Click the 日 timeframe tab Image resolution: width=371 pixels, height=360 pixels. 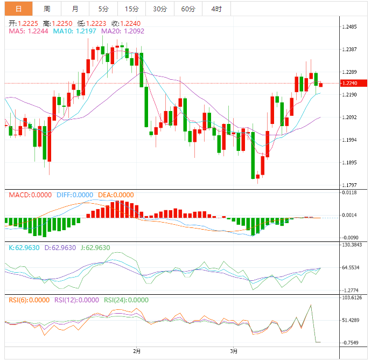(x=18, y=9)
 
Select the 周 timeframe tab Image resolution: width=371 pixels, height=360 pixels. (x=47, y=9)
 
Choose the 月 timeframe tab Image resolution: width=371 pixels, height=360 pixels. (x=75, y=9)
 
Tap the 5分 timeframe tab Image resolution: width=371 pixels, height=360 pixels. (x=103, y=9)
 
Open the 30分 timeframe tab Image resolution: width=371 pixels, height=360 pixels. (x=159, y=9)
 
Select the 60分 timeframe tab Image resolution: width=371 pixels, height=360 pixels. (x=188, y=9)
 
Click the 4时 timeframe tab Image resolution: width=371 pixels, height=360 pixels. (x=216, y=9)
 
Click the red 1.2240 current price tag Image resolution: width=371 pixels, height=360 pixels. (x=354, y=83)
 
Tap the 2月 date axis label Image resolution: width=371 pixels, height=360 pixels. (x=137, y=351)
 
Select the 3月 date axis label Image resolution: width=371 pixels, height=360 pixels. (x=233, y=351)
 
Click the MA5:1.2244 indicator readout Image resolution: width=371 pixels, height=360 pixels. (x=29, y=31)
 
